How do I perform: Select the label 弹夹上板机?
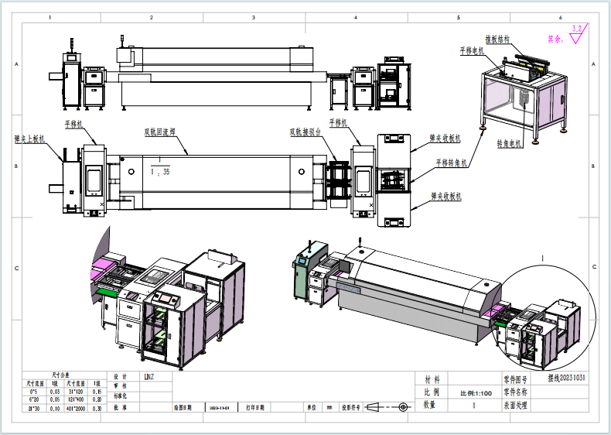coord(30,139)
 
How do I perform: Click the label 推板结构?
coord(497,39)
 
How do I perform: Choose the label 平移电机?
coord(471,50)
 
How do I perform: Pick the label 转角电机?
coord(509,143)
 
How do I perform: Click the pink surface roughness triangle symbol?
coord(577,33)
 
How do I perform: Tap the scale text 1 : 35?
coord(161,171)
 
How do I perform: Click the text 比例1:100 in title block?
coord(476,392)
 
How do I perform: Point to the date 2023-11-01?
coord(218,406)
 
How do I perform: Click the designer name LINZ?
coord(149,378)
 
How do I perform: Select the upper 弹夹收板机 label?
coord(445,139)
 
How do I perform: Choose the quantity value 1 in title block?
coord(474,405)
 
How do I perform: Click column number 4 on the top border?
coord(356,17)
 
